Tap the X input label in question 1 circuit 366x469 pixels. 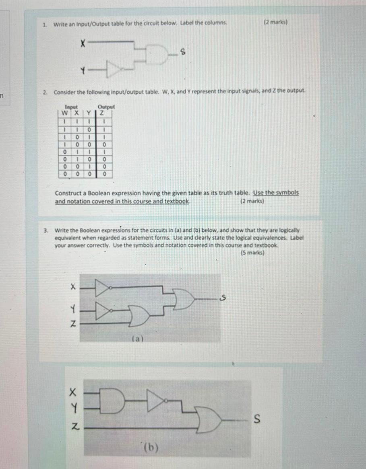pos(82,41)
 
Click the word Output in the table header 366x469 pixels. pos(106,107)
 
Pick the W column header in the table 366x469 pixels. pos(64,113)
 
